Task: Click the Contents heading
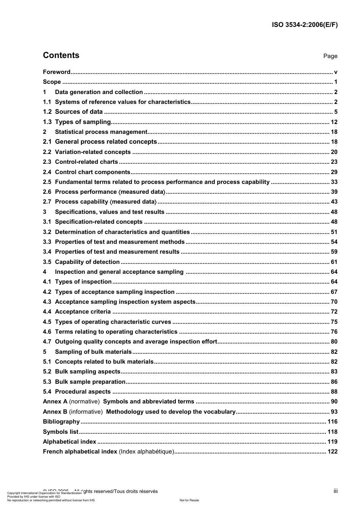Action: point(61,55)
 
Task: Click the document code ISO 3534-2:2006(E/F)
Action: point(305,25)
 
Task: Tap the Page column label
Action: point(330,56)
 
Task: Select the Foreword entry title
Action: point(56,72)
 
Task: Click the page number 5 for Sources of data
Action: point(335,112)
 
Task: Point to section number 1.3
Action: point(47,122)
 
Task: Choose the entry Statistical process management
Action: point(101,132)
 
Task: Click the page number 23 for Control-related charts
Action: point(334,162)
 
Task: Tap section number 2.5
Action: point(47,182)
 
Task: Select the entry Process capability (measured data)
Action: point(106,202)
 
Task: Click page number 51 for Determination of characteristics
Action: point(334,232)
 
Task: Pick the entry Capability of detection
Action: point(87,262)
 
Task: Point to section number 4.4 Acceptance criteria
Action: point(47,312)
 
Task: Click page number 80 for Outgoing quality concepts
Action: point(334,342)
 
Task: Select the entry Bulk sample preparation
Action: point(90,382)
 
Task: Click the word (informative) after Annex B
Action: point(86,412)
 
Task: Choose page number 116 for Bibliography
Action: point(332,422)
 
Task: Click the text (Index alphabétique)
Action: point(146,452)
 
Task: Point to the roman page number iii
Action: point(335,491)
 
